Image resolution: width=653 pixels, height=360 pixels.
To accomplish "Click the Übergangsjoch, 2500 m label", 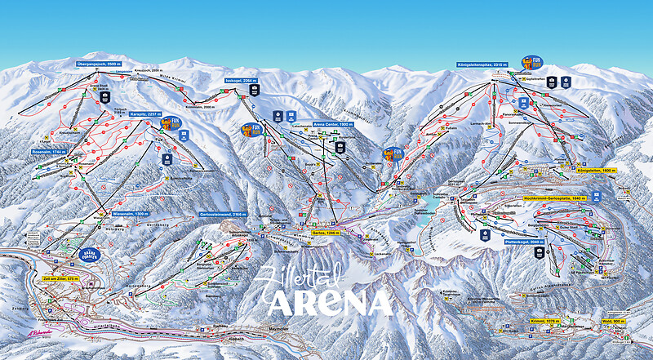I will tap(99, 63).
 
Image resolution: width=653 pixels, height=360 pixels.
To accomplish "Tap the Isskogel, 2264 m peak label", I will tap(241, 82).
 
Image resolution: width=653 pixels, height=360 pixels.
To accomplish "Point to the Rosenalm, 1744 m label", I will tap(48, 152).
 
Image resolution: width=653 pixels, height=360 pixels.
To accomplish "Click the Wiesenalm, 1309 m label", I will tap(129, 213).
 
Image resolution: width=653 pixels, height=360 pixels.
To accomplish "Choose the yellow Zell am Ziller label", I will tap(58, 279).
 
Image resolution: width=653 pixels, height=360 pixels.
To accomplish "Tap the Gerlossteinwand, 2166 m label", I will tap(223, 213).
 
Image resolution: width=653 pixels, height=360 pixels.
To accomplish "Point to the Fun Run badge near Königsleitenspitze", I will tap(531, 63).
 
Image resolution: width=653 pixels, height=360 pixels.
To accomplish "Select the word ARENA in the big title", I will tap(330, 302).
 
